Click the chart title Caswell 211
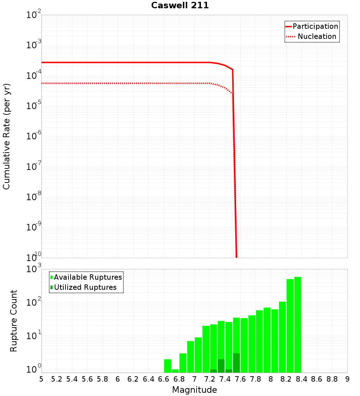pos(180,6)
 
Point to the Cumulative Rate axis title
pos(6,136)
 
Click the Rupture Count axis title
pos(14,321)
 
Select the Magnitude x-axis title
pos(194,390)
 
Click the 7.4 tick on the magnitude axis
pos(225,379)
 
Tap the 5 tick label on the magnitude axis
pos(41,379)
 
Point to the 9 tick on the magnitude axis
pos(347,379)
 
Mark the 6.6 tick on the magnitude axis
pos(164,379)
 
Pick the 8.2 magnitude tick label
pos(286,379)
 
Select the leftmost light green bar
pos(167,366)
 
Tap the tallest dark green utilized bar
pos(236,363)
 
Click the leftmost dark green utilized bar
pos(213,371)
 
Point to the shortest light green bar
pos(175,371)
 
